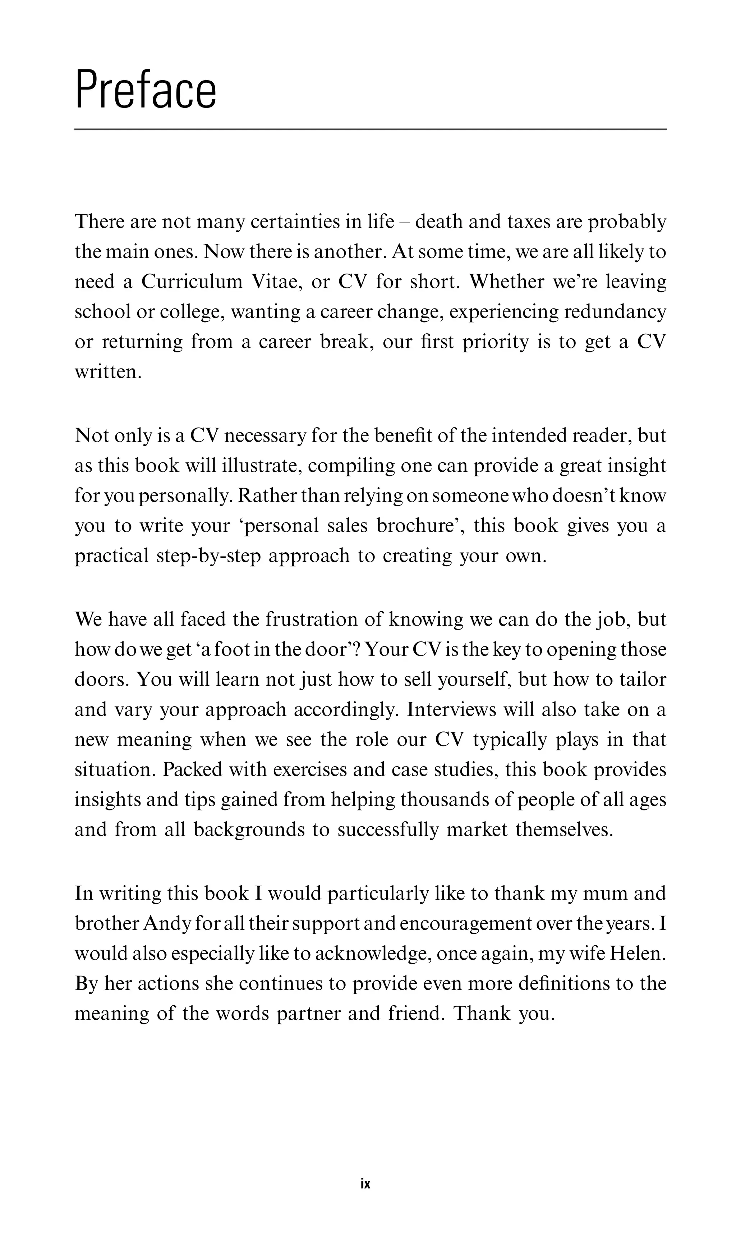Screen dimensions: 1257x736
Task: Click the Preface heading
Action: [x=146, y=90]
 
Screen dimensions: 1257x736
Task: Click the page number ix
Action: [x=365, y=1184]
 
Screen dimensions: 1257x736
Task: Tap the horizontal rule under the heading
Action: [x=370, y=129]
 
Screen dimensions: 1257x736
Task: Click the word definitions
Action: [x=563, y=983]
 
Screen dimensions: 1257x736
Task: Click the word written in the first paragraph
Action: [x=108, y=372]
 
